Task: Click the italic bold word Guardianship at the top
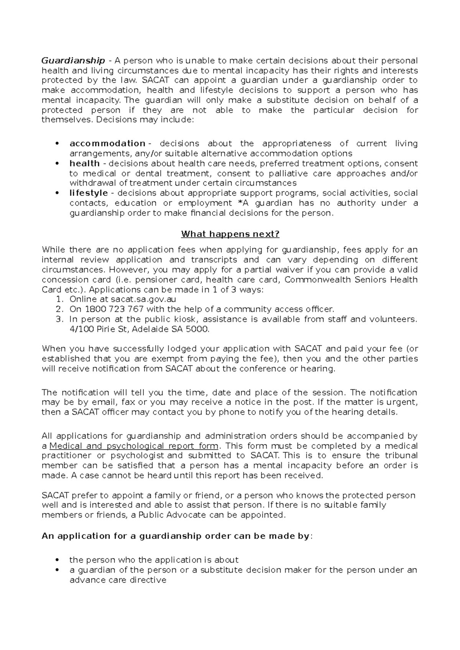click(x=73, y=60)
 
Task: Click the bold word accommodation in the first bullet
click(x=107, y=144)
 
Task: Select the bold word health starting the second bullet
click(x=84, y=163)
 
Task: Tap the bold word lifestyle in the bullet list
click(x=89, y=193)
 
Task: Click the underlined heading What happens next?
click(x=230, y=234)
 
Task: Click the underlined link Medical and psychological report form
click(x=134, y=446)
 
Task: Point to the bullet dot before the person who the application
click(x=57, y=560)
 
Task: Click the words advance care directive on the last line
click(x=118, y=580)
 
